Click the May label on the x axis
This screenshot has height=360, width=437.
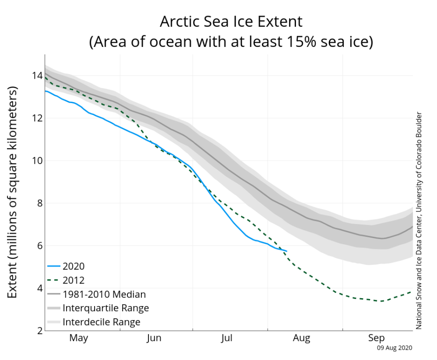(x=79, y=338)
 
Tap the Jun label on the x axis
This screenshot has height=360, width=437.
(x=154, y=338)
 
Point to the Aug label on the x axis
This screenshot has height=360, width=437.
(x=302, y=338)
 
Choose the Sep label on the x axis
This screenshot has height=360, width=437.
(x=376, y=338)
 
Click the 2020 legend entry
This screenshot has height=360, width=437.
(x=74, y=266)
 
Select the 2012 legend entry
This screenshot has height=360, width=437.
(x=74, y=280)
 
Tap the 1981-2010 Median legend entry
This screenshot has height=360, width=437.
(x=104, y=294)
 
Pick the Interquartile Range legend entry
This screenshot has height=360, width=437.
(x=105, y=308)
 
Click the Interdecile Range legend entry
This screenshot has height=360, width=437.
(x=101, y=322)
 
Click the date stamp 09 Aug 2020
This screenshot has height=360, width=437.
(x=395, y=348)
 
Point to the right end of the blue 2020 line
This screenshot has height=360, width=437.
(x=287, y=251)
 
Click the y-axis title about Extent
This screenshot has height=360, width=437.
(x=14, y=192)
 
